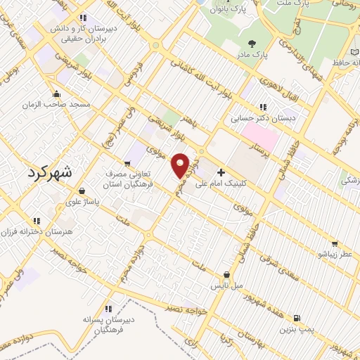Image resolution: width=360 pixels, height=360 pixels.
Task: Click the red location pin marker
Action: (x=181, y=165)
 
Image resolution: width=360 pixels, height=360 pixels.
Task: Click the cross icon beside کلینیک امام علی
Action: (x=221, y=172)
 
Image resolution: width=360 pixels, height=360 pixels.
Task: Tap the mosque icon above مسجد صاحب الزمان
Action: (x=56, y=94)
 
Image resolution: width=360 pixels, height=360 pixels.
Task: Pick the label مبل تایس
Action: (x=227, y=285)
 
